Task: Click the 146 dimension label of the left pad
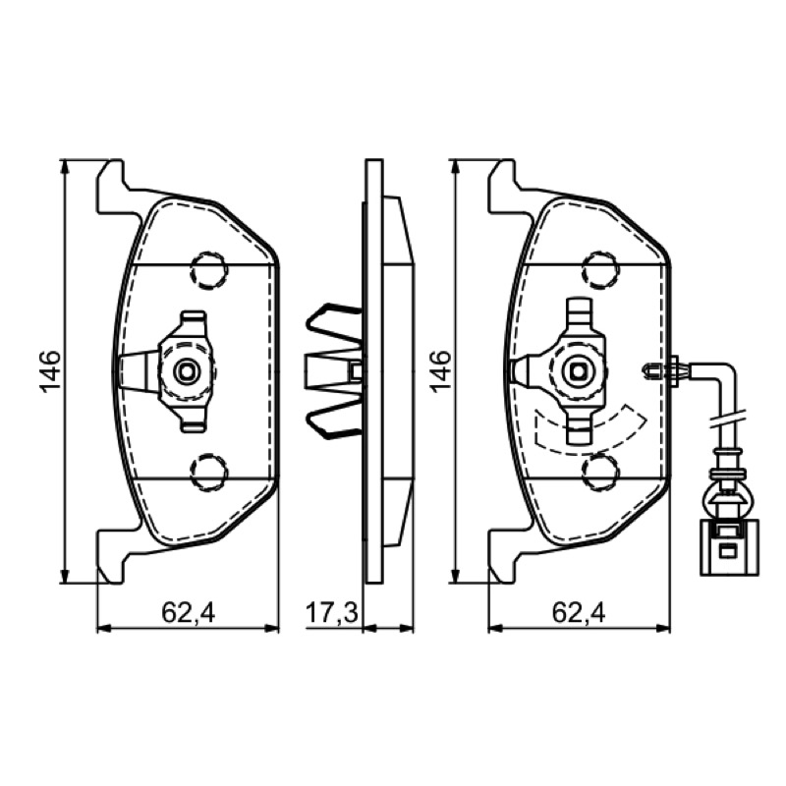click(x=51, y=371)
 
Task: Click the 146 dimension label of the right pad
click(x=440, y=371)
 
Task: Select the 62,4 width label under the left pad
click(x=188, y=612)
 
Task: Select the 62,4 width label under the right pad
click(x=579, y=612)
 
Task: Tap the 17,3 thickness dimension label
click(x=332, y=612)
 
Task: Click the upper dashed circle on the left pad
click(x=209, y=270)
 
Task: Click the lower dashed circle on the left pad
click(x=209, y=473)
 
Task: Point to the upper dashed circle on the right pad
click(x=600, y=270)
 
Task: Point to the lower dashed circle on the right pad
click(x=600, y=473)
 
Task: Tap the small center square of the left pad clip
click(x=187, y=371)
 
